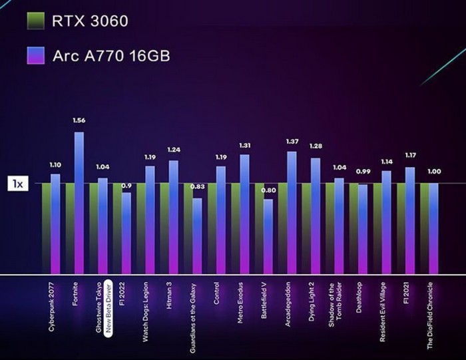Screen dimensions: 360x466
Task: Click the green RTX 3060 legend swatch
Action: coord(35,21)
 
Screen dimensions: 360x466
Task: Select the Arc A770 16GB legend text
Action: coord(111,56)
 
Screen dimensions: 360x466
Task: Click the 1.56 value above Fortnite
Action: coord(79,120)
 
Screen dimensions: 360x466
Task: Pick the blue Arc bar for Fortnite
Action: coord(79,200)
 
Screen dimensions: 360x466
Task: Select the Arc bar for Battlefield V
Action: coord(268,236)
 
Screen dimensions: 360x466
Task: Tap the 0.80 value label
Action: coord(268,190)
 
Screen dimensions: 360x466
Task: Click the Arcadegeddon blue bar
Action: coord(292,213)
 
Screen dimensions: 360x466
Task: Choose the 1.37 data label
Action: coord(292,141)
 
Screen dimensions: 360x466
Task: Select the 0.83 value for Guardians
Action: coord(197,188)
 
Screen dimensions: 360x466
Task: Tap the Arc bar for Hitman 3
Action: coord(174,216)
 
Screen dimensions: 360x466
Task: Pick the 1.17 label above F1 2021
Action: coord(411,156)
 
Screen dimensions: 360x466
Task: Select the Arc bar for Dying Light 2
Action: coord(316,216)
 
